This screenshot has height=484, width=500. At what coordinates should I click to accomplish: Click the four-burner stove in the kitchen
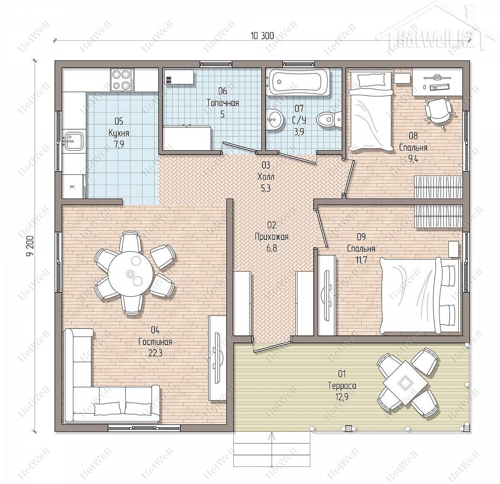click(x=123, y=79)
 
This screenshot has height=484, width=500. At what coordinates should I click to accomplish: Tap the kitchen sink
click(x=73, y=141)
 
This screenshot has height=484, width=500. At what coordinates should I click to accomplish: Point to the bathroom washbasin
click(x=274, y=119)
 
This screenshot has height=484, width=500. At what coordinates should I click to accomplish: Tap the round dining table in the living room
click(x=130, y=273)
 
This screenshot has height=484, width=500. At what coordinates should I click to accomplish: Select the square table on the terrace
click(x=406, y=382)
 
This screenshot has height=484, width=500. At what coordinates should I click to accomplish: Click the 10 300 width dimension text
click(x=262, y=36)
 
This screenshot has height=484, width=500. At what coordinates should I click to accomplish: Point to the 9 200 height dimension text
click(x=31, y=246)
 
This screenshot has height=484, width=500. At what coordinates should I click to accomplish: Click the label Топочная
click(x=223, y=103)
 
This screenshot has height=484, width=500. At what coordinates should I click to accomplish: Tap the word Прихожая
click(x=272, y=237)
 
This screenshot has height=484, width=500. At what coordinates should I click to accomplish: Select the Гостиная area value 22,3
click(x=155, y=353)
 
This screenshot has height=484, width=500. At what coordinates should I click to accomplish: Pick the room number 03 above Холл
click(x=266, y=165)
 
